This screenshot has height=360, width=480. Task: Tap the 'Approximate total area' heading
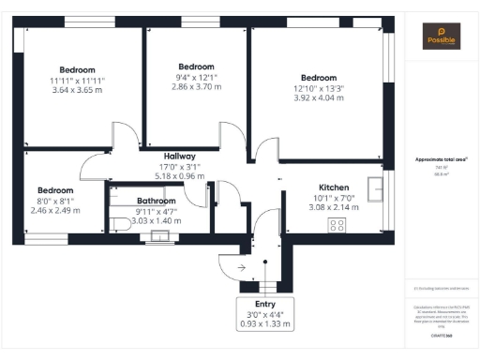[442, 160]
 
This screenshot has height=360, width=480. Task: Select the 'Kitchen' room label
[334, 187]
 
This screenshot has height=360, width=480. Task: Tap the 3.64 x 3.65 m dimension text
[77, 90]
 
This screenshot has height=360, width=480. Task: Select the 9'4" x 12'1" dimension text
[196, 77]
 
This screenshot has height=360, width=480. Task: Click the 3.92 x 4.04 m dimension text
[319, 97]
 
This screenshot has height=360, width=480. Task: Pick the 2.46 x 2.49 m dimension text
[52, 211]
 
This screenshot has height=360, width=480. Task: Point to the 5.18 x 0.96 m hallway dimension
[178, 175]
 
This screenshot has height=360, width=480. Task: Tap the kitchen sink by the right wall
[376, 185]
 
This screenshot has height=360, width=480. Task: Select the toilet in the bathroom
[119, 224]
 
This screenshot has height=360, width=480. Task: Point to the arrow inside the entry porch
[242, 268]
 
